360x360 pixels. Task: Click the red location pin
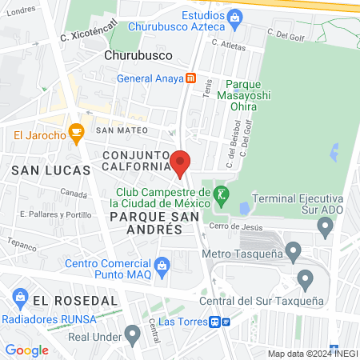click(x=180, y=162)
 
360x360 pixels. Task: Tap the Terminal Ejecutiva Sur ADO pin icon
click(x=326, y=227)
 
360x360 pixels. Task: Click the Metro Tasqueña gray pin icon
click(x=294, y=254)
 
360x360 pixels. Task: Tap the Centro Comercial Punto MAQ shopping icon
click(x=162, y=265)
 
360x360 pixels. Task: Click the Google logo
click(x=26, y=350)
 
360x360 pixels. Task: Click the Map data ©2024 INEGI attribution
click(x=312, y=354)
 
